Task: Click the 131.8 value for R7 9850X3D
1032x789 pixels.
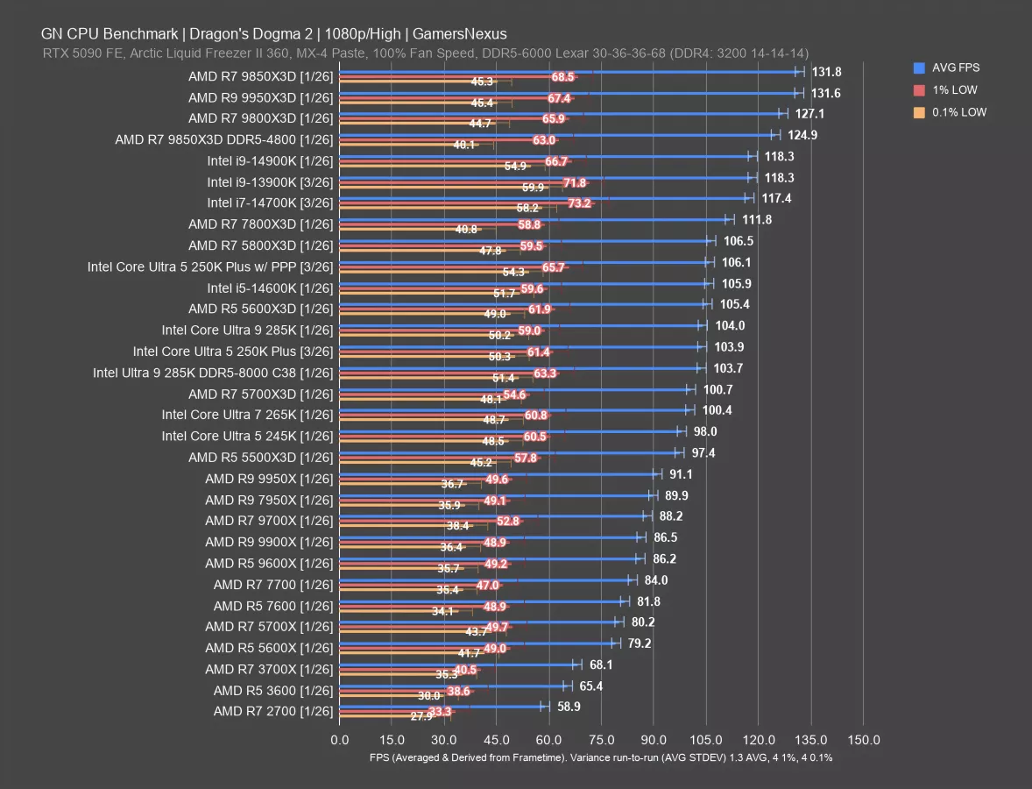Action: click(826, 72)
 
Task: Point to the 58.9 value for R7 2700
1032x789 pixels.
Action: click(571, 707)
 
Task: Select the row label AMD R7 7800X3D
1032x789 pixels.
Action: click(260, 224)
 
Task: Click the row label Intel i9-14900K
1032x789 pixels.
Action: click(270, 160)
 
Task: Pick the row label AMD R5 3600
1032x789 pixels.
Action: click(272, 690)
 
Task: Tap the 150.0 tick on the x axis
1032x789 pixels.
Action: click(864, 740)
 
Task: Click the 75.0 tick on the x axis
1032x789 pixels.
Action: click(602, 740)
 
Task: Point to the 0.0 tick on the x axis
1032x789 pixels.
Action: click(339, 740)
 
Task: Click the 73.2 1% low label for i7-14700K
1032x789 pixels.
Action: click(579, 203)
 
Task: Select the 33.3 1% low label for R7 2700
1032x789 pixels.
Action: click(440, 712)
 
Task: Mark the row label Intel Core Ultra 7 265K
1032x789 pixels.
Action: click(247, 415)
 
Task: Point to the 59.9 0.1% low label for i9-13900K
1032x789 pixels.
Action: click(533, 188)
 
